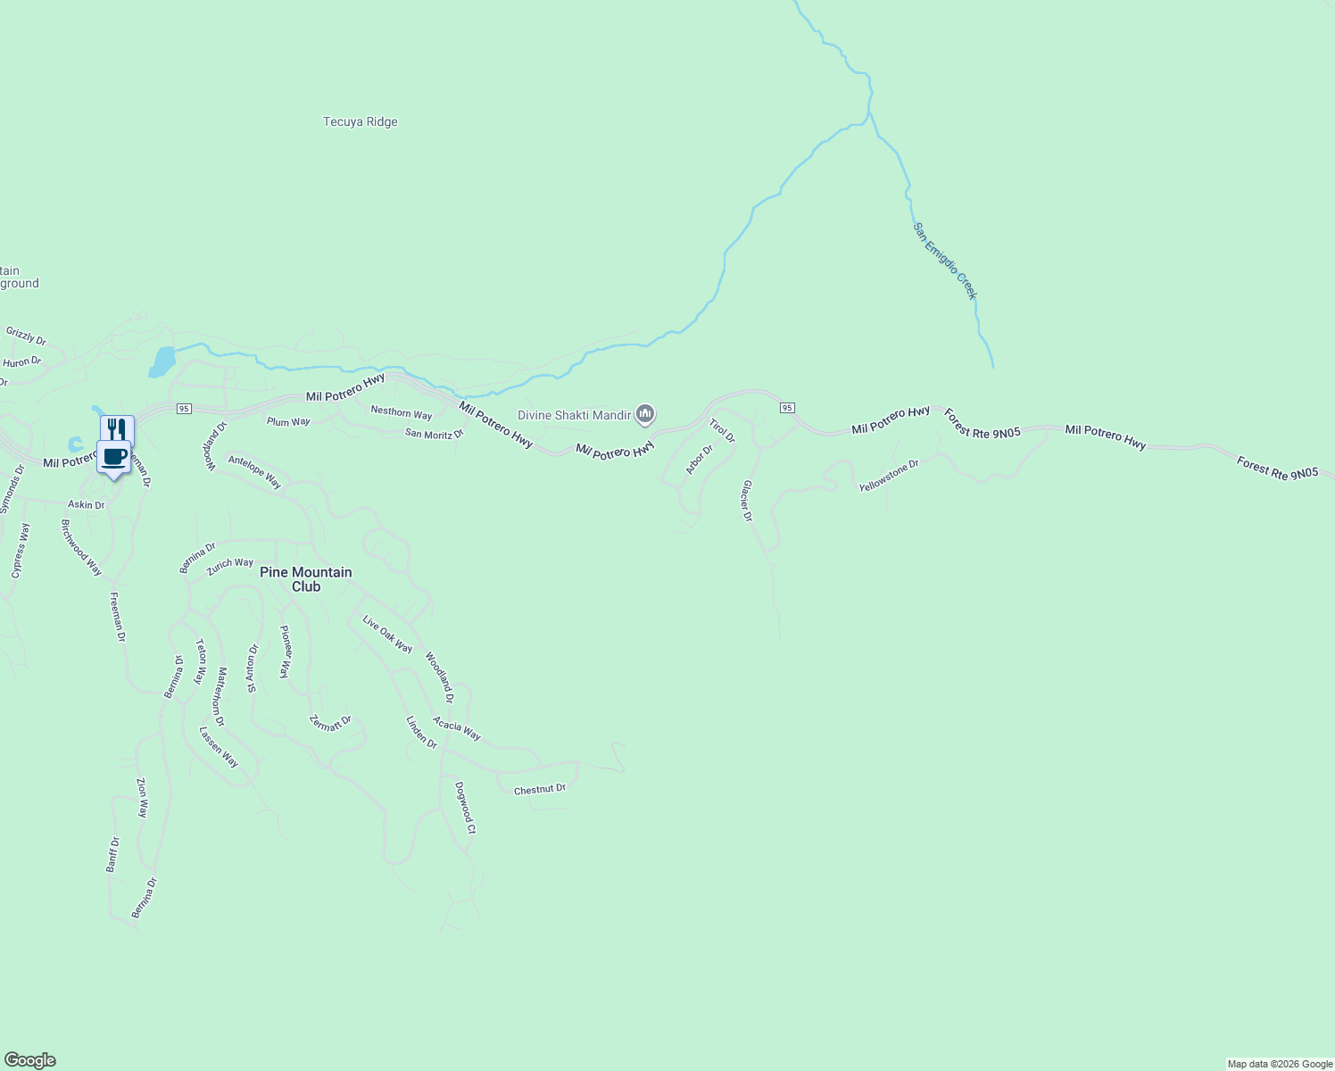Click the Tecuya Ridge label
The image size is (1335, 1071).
click(x=360, y=122)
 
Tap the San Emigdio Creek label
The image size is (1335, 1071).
click(x=945, y=261)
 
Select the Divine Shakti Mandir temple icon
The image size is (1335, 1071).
click(x=645, y=414)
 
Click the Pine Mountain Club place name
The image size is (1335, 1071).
click(x=305, y=579)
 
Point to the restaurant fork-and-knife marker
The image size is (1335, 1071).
click(x=117, y=429)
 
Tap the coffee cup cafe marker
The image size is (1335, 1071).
click(x=113, y=457)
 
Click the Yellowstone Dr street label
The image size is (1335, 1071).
click(x=889, y=477)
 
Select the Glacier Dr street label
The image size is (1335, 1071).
click(x=747, y=501)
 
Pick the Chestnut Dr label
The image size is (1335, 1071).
click(x=540, y=789)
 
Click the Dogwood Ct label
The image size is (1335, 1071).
click(x=465, y=808)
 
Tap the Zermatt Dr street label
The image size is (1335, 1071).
click(x=330, y=723)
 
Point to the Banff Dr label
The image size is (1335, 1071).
click(x=112, y=854)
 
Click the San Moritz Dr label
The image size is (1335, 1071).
click(x=435, y=434)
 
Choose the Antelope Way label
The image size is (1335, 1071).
click(x=254, y=472)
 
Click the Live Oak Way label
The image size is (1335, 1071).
click(x=387, y=634)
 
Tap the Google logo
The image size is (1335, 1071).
click(x=30, y=1060)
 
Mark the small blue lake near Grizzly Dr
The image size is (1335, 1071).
click(x=162, y=361)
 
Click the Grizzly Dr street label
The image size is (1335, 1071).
click(x=26, y=336)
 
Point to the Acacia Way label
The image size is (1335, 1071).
click(x=457, y=728)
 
